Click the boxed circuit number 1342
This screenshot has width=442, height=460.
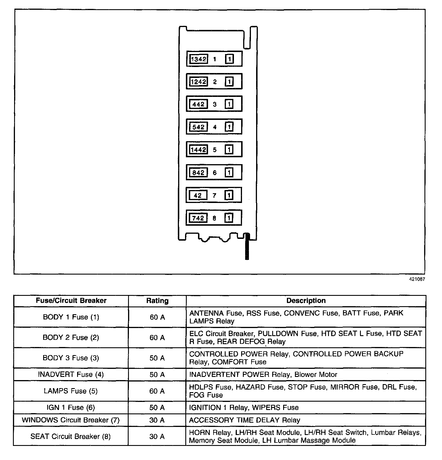(199, 59)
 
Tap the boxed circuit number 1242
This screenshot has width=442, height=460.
(199, 82)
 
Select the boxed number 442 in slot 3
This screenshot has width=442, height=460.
(198, 104)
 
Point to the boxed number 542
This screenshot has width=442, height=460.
(198, 127)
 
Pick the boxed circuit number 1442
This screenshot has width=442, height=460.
(199, 150)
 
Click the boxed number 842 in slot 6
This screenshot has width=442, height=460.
(198, 173)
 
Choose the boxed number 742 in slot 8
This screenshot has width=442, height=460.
(198, 218)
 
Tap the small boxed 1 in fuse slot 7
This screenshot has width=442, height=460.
(229, 195)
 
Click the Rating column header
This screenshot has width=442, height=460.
(157, 301)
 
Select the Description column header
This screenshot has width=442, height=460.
(306, 301)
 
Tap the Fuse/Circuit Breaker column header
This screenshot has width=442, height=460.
(71, 301)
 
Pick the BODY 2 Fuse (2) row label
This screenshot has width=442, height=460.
(71, 338)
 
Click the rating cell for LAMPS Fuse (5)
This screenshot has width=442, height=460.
(157, 391)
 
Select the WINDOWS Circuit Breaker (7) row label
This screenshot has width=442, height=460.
(71, 420)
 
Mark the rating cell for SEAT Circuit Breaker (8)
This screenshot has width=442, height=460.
(157, 436)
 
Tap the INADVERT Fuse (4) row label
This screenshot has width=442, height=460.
(71, 375)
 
